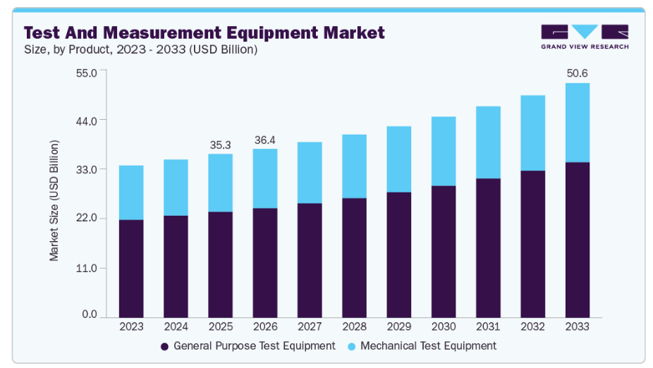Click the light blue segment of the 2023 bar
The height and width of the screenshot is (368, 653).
click(131, 192)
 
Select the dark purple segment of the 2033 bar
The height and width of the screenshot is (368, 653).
click(577, 240)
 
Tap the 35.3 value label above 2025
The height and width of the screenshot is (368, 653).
click(221, 145)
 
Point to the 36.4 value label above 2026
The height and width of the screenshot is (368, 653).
click(265, 140)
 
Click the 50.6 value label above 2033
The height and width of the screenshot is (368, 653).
click(577, 73)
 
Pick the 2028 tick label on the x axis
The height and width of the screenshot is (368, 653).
click(354, 327)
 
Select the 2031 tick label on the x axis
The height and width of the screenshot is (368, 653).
click(488, 327)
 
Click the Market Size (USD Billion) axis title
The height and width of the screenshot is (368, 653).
click(54, 200)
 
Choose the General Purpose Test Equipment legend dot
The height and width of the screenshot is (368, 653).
click(164, 346)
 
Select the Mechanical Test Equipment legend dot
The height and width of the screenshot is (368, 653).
click(351, 346)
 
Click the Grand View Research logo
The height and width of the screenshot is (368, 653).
click(585, 37)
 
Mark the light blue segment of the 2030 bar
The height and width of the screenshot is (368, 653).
click(444, 151)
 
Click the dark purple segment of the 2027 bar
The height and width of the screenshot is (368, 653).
click(310, 260)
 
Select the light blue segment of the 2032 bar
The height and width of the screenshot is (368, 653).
click(532, 133)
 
